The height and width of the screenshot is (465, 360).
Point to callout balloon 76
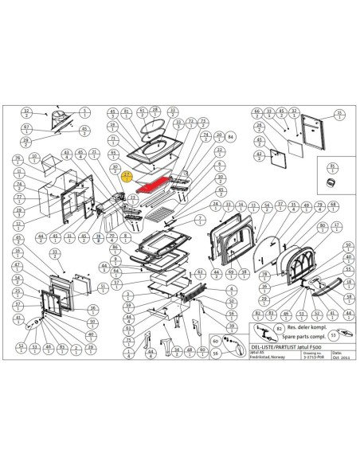17,160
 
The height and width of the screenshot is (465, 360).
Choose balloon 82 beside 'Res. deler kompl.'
278,327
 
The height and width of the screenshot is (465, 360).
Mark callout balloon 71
113,141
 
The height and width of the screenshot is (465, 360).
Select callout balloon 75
127,342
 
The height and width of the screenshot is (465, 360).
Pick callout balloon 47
17,265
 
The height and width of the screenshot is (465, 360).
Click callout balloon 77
17,194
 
